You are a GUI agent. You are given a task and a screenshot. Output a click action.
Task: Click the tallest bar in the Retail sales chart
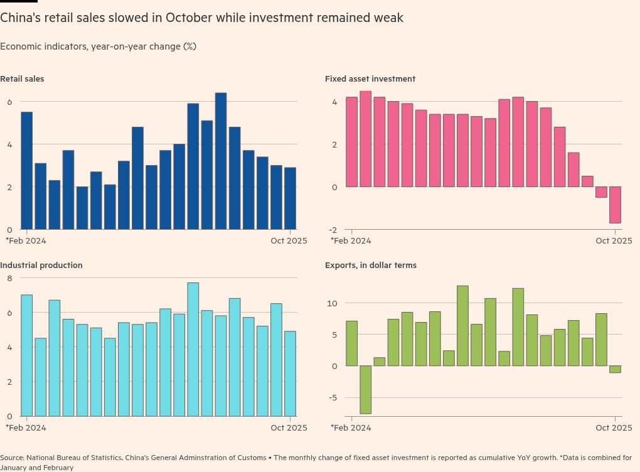[x=221, y=161]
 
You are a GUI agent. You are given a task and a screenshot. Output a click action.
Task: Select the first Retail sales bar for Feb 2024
[x=27, y=170]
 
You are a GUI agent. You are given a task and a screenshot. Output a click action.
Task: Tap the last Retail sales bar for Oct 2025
[x=290, y=198]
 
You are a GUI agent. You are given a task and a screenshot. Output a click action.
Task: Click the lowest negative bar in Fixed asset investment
[x=615, y=205]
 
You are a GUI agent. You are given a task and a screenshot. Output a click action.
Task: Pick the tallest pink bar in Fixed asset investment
[x=365, y=139]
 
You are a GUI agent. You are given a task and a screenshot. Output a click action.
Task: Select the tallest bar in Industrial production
[x=193, y=349]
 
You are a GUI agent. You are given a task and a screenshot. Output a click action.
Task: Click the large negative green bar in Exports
[x=365, y=389]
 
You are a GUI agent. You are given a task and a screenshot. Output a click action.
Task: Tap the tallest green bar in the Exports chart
[x=462, y=326]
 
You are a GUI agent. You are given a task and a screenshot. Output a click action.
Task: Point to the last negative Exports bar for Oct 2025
[x=615, y=369]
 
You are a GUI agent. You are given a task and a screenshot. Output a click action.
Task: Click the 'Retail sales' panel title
[x=22, y=79]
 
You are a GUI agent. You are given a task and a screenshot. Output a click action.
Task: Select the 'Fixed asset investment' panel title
[x=370, y=79]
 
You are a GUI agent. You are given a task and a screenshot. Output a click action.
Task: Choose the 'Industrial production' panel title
[x=41, y=265]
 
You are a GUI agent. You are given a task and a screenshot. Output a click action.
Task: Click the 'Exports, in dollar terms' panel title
[x=371, y=265]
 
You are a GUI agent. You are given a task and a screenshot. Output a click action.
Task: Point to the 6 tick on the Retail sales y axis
[x=9, y=102]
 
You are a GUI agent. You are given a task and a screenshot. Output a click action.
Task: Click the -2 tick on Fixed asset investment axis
[x=333, y=230]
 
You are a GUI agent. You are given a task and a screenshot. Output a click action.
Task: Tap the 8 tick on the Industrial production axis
[x=9, y=278]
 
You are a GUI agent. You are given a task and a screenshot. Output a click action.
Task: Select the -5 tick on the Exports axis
[x=333, y=397]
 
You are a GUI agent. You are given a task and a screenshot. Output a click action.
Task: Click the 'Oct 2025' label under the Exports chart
[x=614, y=428]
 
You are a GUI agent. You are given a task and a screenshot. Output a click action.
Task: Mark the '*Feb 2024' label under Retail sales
[x=26, y=240]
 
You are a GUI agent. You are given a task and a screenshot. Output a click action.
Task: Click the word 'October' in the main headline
[x=189, y=18]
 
